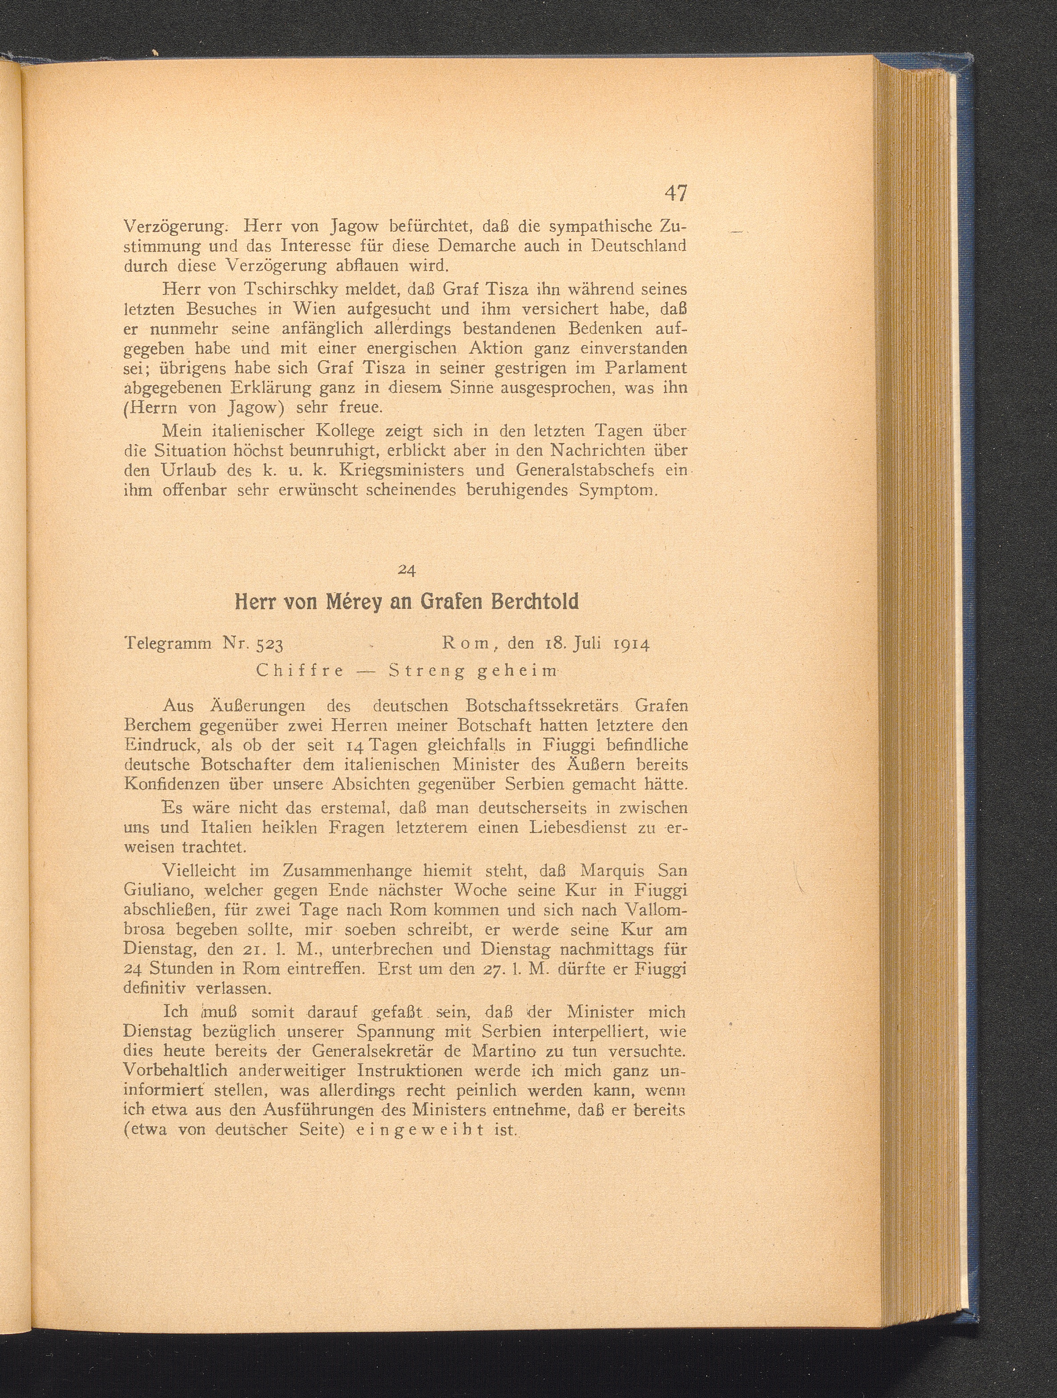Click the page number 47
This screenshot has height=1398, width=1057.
click(675, 193)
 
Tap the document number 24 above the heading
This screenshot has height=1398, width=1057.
click(407, 570)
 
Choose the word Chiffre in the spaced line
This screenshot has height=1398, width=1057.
click(300, 671)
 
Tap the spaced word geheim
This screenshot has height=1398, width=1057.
click(516, 671)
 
